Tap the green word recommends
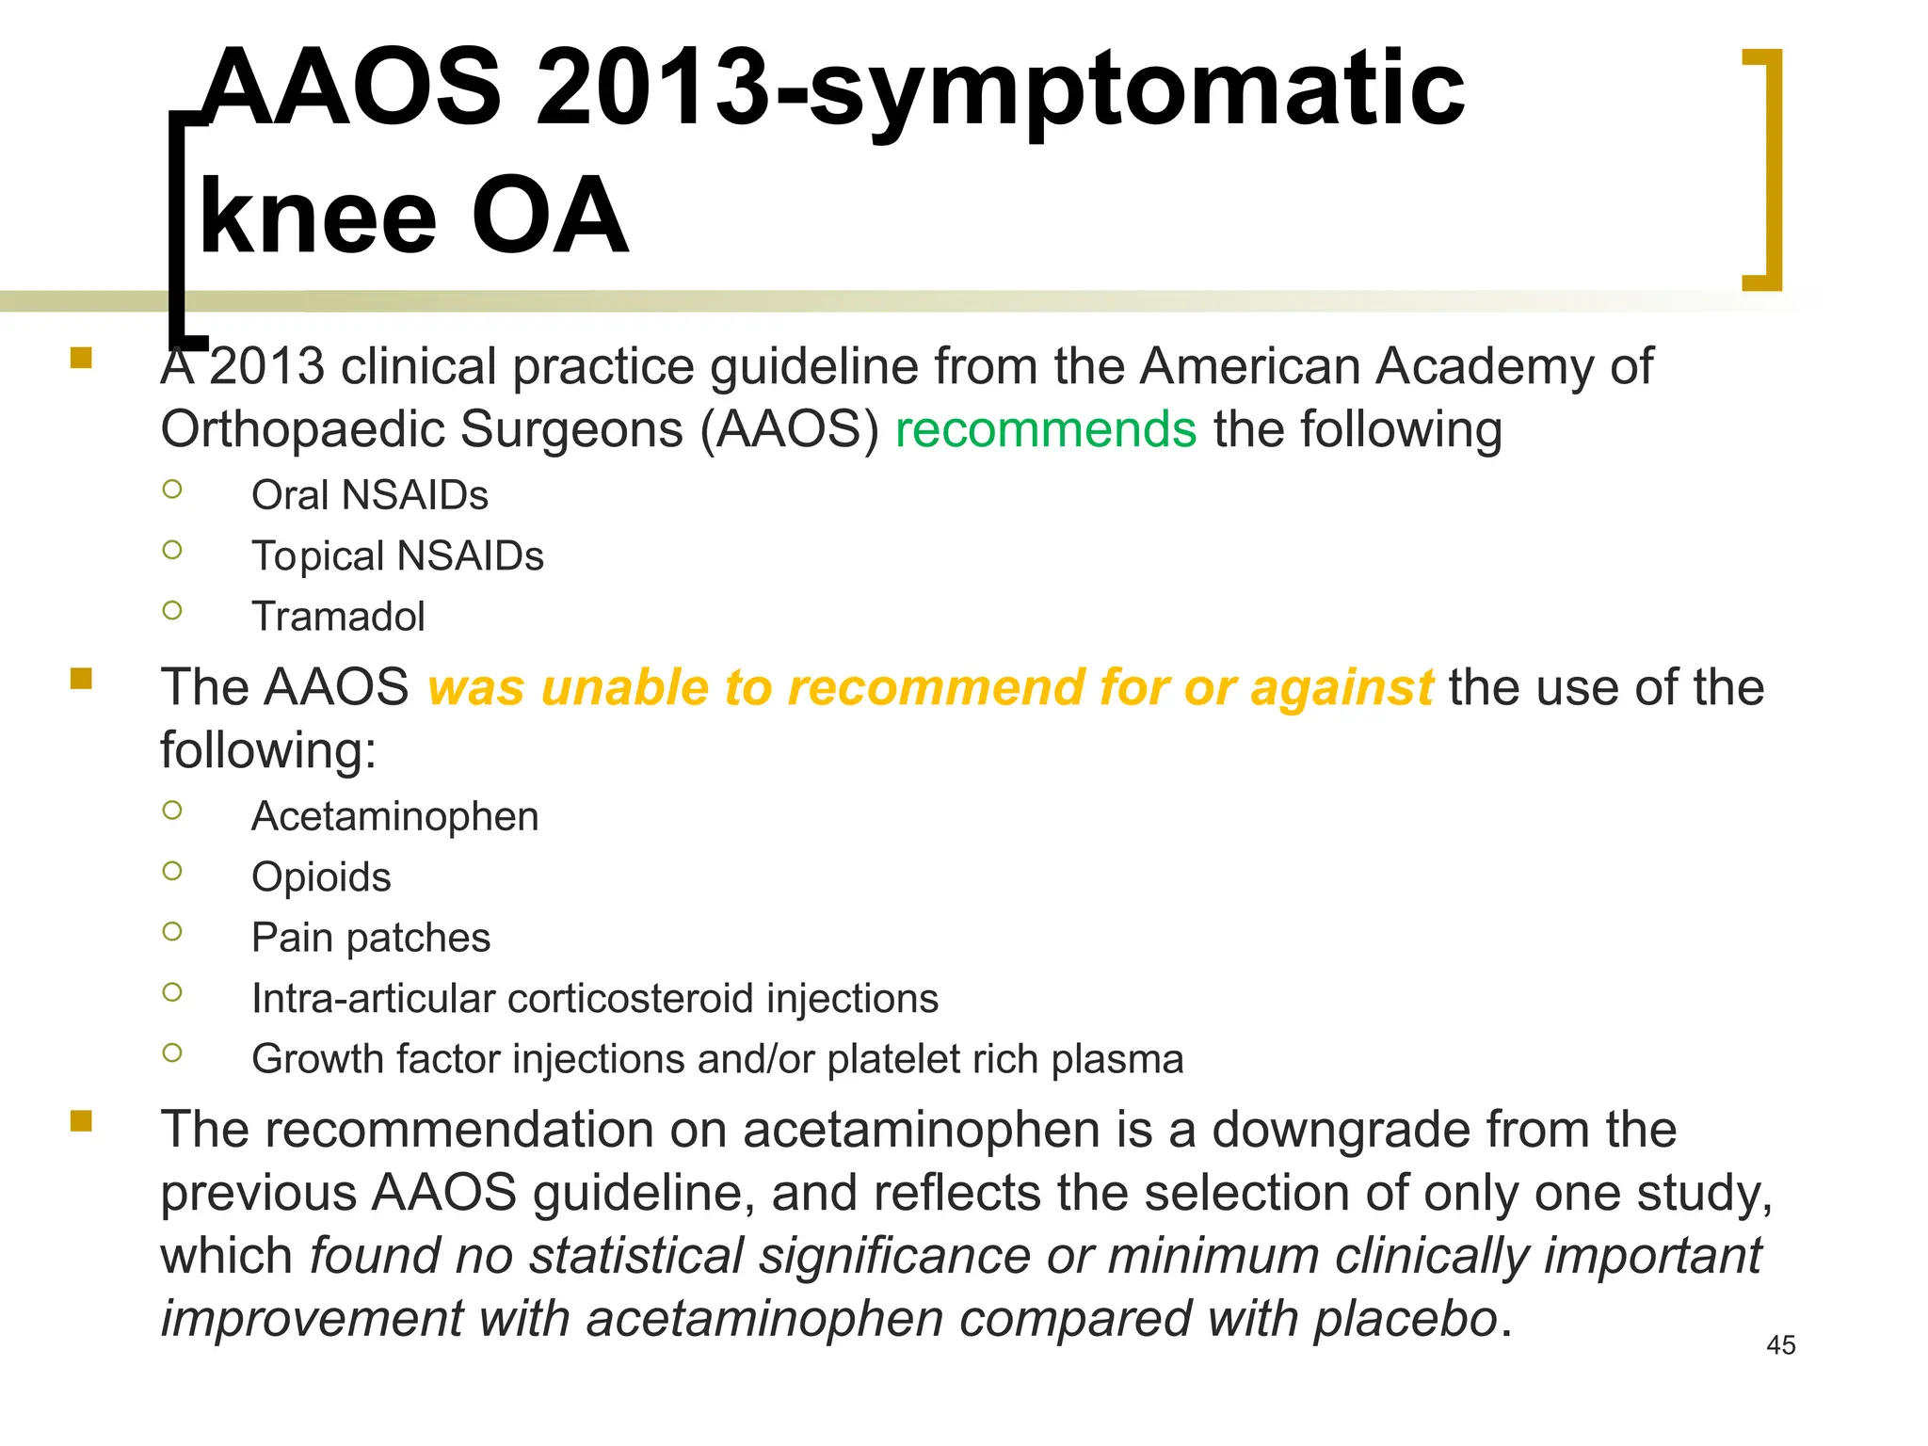click(x=1045, y=430)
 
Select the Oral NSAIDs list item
click(x=369, y=495)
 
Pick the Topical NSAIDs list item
click(x=397, y=556)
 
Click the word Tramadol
click(x=338, y=618)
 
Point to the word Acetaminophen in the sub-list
click(x=394, y=816)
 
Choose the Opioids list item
click(x=321, y=877)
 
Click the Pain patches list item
click(x=371, y=938)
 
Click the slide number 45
click(x=1780, y=1345)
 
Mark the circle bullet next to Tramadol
click(x=172, y=611)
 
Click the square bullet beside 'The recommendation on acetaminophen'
click(x=81, y=1121)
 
